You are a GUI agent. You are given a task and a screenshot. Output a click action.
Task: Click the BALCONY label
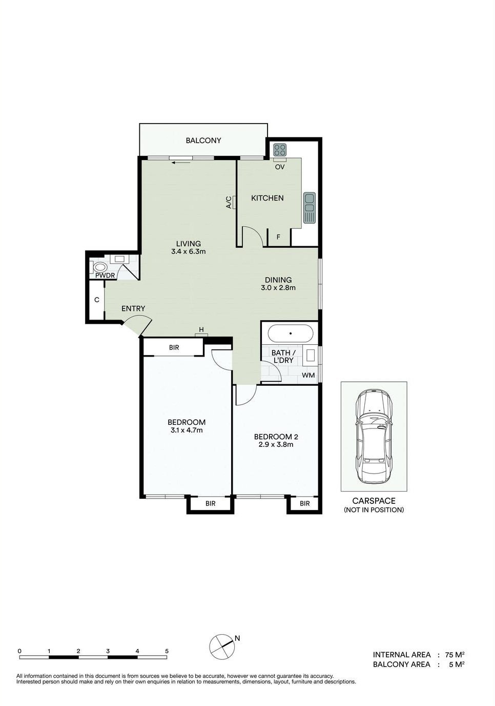click(203, 141)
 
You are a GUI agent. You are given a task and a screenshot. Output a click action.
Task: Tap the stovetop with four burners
click(280, 150)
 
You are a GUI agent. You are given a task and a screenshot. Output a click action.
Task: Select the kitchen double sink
click(309, 208)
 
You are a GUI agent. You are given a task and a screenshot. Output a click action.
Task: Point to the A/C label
click(229, 203)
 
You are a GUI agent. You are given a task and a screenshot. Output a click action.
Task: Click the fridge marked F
click(278, 237)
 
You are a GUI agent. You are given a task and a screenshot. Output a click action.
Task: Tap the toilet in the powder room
click(100, 267)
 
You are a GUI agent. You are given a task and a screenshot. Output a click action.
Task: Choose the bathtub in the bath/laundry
click(291, 334)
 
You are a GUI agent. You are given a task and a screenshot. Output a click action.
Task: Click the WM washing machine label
click(308, 375)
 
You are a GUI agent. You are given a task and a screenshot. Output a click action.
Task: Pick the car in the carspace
click(374, 436)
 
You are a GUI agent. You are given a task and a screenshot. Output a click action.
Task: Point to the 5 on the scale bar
click(167, 651)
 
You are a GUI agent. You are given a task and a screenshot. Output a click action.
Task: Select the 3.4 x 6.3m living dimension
click(189, 252)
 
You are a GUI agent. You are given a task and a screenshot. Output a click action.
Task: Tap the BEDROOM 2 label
click(276, 437)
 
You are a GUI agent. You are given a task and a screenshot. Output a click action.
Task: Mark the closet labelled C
click(96, 300)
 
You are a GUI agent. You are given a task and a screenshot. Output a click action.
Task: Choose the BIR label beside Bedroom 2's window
click(305, 503)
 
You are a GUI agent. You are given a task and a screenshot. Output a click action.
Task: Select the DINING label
click(278, 280)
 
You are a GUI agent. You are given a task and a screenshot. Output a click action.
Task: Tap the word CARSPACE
click(374, 501)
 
